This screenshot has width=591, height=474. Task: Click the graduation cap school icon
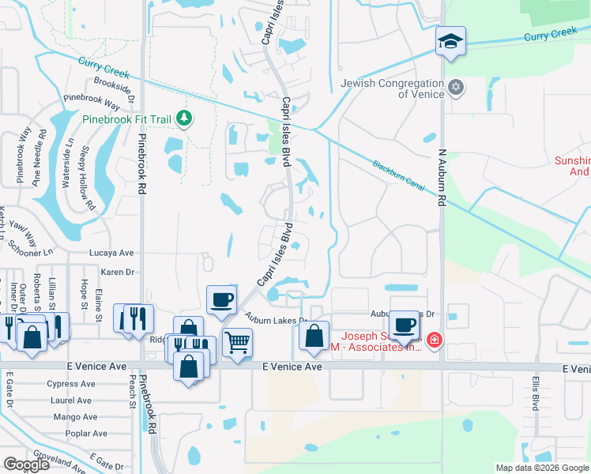(450, 40)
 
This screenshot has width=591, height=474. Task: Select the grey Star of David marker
(455, 87)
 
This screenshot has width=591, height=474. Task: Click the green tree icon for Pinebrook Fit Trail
(184, 118)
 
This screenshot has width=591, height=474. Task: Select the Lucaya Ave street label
(116, 253)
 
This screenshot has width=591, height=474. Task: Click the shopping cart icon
(236, 343)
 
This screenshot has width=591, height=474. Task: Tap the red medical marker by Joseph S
(434, 340)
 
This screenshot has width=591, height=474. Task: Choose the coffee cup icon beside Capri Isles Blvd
(221, 299)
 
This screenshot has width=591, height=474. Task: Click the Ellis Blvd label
(535, 392)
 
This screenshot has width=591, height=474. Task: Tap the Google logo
(26, 465)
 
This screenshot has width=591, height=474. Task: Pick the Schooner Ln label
(31, 250)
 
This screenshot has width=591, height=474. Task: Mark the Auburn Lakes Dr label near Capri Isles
(275, 320)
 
